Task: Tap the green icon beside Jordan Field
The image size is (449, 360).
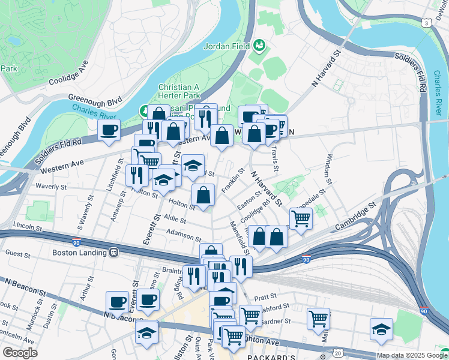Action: click(x=259, y=45)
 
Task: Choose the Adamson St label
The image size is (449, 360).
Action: click(x=184, y=235)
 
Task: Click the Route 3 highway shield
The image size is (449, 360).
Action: click(x=426, y=23)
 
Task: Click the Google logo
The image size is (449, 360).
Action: click(x=20, y=353)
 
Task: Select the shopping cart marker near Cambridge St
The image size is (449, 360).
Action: click(x=301, y=218)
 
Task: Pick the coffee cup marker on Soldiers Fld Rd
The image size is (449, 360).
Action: click(x=109, y=130)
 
